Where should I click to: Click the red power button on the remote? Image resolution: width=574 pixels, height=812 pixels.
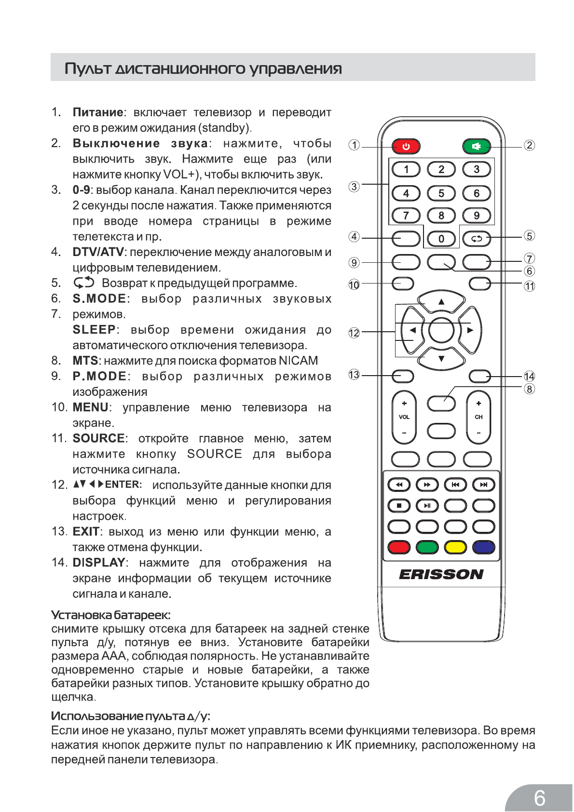coord(406,146)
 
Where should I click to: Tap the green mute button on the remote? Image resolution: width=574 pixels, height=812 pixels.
coord(476,146)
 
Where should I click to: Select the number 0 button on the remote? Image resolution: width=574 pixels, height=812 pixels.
coord(441,239)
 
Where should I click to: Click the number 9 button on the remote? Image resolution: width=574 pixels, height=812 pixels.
coord(476,216)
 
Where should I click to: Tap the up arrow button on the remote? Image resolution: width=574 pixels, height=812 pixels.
coord(441,302)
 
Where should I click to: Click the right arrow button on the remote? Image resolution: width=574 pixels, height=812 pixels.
coord(470,330)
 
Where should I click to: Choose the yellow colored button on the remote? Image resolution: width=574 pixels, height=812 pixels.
coord(455,547)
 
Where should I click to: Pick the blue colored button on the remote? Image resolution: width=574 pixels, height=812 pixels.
coord(483,547)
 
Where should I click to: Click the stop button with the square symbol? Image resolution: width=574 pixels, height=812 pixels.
coord(399,506)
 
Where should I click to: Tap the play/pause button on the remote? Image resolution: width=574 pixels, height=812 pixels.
coord(427,506)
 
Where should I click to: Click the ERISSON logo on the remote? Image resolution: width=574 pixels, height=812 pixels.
coord(441,574)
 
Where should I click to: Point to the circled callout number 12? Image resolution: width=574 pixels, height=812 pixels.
coord(354,333)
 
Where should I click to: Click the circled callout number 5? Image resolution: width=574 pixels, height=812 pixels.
coord(529,236)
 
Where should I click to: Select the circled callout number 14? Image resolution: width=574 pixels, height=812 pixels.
coord(529,377)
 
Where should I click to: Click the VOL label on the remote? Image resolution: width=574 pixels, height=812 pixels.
coord(404,417)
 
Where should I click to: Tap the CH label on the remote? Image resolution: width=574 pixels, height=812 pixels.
coord(478,417)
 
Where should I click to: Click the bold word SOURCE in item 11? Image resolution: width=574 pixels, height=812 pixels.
coord(98,438)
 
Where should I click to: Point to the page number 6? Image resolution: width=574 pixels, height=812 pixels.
coord(539,798)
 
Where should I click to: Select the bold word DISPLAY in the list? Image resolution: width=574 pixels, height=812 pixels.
coord(99,563)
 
